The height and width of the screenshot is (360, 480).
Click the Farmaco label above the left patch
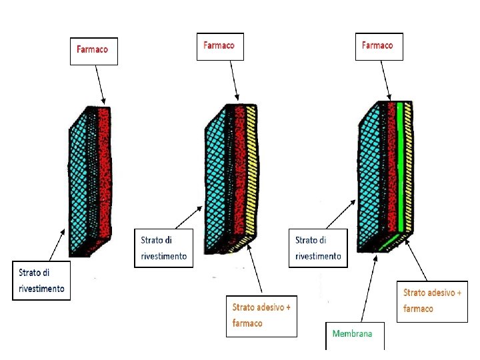click(x=93, y=51)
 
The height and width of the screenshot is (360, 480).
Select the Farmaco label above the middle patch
click(x=219, y=47)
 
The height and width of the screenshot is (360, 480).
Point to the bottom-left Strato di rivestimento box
click(x=41, y=281)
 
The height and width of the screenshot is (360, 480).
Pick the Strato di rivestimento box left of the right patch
click(x=318, y=248)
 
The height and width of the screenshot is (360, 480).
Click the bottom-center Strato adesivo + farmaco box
click(x=261, y=315)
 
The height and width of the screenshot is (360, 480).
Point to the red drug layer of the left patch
click(x=105, y=173)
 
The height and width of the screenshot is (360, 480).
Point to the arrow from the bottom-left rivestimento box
click(x=59, y=243)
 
